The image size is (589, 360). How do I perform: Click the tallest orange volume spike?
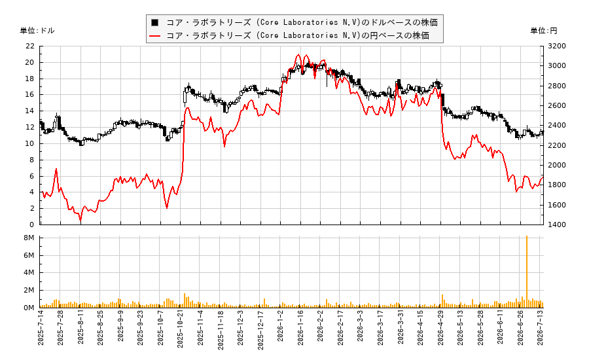527,272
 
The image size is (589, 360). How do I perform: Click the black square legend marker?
154,22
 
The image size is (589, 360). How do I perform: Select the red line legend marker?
154,36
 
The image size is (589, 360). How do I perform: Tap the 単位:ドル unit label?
37,31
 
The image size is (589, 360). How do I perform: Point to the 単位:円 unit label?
544,31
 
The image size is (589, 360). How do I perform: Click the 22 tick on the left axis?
29,46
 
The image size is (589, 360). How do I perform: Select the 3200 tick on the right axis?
557,46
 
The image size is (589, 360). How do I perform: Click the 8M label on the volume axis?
29,238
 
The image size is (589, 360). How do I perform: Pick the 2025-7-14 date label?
41,327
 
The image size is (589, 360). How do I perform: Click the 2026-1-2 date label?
281,326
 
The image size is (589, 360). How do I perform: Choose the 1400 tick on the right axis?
557,225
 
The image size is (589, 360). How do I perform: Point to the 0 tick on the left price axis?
32,225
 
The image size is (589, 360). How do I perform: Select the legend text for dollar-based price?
302,22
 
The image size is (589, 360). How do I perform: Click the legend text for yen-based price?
298,36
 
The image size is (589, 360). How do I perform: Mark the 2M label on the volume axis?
29,290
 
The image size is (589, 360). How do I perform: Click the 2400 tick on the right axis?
557,126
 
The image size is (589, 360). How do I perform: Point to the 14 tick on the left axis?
29,111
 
